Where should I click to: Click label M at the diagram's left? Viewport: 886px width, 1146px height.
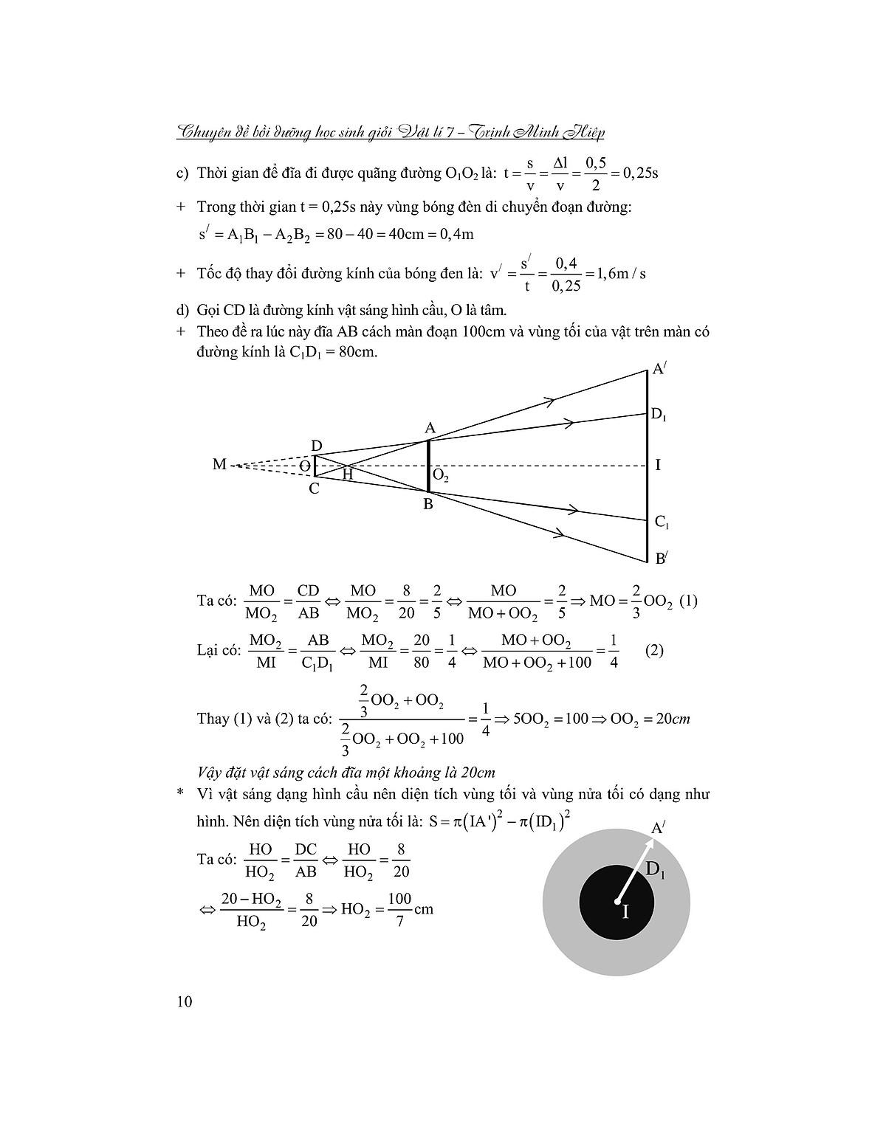point(219,465)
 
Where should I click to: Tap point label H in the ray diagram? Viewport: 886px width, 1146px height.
point(348,475)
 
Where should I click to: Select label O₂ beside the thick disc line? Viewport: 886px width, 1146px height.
point(441,477)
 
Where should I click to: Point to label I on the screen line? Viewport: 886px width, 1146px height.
point(658,465)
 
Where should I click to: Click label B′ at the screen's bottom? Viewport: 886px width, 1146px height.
point(661,559)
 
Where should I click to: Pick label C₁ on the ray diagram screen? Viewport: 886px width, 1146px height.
point(662,522)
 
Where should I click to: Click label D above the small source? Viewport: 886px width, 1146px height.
point(316,446)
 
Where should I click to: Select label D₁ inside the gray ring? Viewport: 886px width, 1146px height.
point(655,870)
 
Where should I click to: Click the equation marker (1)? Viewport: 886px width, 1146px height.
point(687,601)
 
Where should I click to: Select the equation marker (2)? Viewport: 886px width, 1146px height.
point(654,651)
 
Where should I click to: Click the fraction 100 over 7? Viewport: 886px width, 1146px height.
point(399,909)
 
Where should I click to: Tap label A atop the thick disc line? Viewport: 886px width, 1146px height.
point(430,428)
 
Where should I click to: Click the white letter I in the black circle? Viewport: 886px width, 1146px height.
point(625,912)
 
